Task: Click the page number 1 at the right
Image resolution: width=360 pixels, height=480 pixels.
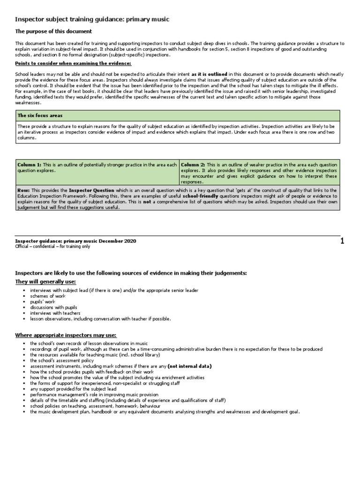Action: click(x=342, y=241)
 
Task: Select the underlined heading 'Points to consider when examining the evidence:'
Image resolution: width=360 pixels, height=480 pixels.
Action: click(x=73, y=63)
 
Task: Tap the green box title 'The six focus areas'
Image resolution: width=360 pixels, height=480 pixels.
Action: click(x=40, y=115)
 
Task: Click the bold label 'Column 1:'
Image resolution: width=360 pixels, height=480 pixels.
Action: click(x=30, y=165)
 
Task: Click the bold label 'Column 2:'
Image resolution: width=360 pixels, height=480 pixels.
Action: click(x=193, y=165)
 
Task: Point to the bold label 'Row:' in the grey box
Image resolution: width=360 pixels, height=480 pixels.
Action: click(x=23, y=189)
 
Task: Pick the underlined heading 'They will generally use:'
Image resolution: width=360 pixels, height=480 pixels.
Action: click(x=45, y=281)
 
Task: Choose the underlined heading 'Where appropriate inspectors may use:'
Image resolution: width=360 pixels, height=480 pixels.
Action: click(x=66, y=335)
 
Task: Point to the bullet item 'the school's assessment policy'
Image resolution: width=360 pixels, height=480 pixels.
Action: click(x=62, y=360)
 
